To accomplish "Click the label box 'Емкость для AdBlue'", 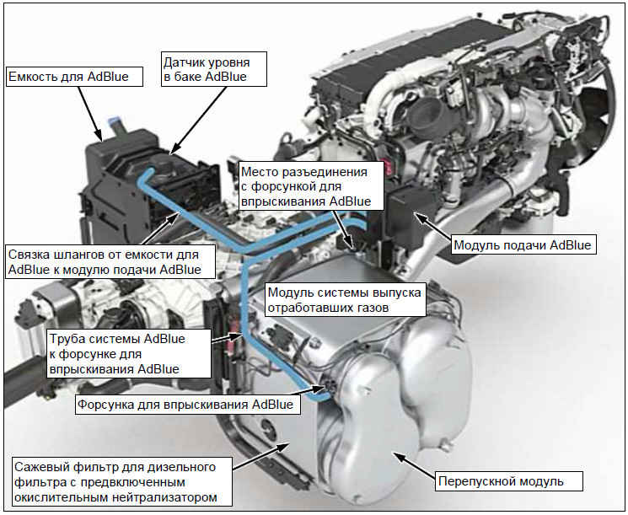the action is coord(74,77).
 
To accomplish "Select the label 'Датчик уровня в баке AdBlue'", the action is coord(213,69).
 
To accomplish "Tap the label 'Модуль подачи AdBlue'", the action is coord(523,244).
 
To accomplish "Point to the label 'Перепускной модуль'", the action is coord(508,481).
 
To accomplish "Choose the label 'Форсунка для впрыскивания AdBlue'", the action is coord(187,404).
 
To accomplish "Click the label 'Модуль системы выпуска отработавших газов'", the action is coord(345,299).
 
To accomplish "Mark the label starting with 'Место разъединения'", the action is coord(311,186).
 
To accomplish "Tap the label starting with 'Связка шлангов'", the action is coord(110,262).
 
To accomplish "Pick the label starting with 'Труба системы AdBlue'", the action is coord(129,354).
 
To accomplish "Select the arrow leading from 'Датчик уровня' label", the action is coord(198,121).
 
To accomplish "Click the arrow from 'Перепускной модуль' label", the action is coord(415,465).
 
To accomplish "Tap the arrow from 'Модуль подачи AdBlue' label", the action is coord(434,227).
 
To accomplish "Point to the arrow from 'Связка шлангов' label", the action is coord(160,228).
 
